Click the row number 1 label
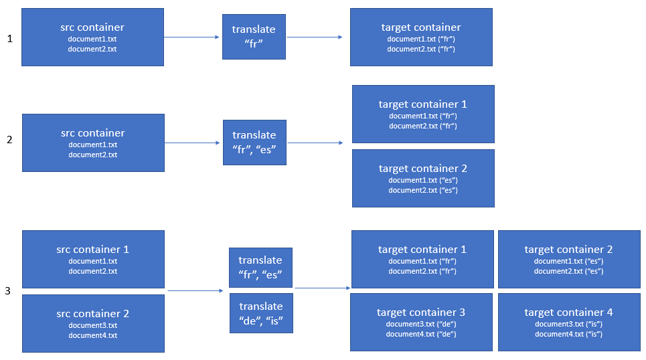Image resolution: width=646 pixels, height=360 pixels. pos(9,39)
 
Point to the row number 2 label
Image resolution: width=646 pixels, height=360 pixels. pos(9,140)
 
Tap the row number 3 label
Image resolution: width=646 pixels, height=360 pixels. pos(8,290)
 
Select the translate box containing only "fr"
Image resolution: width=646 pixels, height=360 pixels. pos(254,37)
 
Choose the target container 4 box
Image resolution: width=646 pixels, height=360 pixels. pos(568,322)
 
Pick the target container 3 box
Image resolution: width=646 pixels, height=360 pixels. pos(421,322)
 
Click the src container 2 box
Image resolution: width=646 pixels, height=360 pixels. pos(92,323)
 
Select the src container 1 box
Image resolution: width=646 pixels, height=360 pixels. pos(92,259)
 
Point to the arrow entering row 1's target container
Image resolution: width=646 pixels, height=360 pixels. pos(315,37)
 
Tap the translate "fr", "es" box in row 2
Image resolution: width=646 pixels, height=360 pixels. pos(254,143)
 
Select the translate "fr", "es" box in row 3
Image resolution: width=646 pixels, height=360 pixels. pos(260,267)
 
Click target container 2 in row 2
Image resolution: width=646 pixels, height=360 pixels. pos(422,178)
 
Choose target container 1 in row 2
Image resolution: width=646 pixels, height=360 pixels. pos(422,114)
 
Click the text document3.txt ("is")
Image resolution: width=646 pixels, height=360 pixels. pos(568,324)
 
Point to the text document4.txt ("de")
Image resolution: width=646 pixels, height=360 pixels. pos(422,334)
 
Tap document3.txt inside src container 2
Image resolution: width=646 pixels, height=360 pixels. pos(92,325)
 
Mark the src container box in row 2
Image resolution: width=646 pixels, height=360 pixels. pos(92,143)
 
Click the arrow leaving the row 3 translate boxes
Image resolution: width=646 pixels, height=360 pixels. pos(322,288)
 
